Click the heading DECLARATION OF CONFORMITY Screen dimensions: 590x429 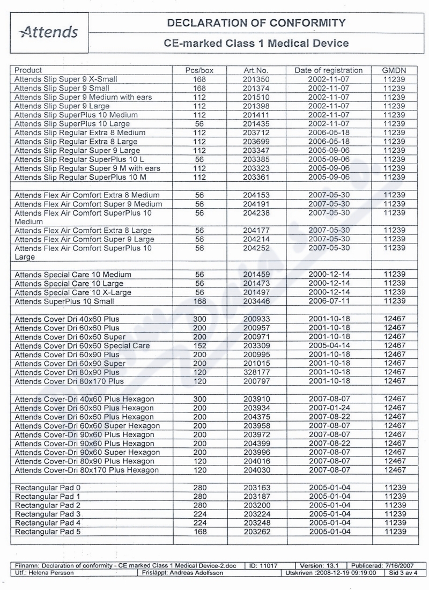[x=256, y=23]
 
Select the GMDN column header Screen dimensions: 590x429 [x=395, y=70]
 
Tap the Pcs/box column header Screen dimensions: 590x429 [x=200, y=70]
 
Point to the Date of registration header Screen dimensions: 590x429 [x=328, y=70]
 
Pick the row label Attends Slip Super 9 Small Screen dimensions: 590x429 [x=62, y=88]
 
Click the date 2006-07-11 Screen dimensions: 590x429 [x=328, y=301]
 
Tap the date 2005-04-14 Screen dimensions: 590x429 [x=328, y=345]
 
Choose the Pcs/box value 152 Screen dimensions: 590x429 [x=200, y=345]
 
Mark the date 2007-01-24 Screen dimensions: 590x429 [x=328, y=408]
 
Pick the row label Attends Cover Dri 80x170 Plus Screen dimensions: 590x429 [x=69, y=381]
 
